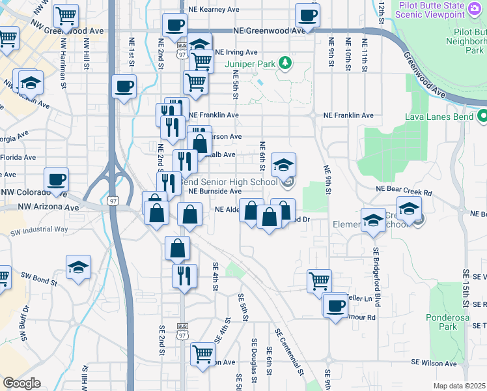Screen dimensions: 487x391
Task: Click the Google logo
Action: (x=21, y=383)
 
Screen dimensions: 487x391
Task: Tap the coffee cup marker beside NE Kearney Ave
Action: (x=307, y=15)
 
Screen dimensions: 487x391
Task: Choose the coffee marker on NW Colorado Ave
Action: (x=57, y=180)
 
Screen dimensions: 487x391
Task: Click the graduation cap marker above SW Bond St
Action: (x=78, y=267)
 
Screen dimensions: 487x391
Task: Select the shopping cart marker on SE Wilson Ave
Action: (x=203, y=355)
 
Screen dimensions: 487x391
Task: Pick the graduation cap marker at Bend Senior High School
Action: (x=283, y=166)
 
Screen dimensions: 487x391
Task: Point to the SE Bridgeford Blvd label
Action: (x=376, y=274)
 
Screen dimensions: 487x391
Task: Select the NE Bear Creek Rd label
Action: (x=404, y=193)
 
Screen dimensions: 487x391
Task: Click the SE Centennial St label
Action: (x=289, y=351)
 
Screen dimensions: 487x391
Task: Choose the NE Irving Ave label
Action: (x=236, y=52)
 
